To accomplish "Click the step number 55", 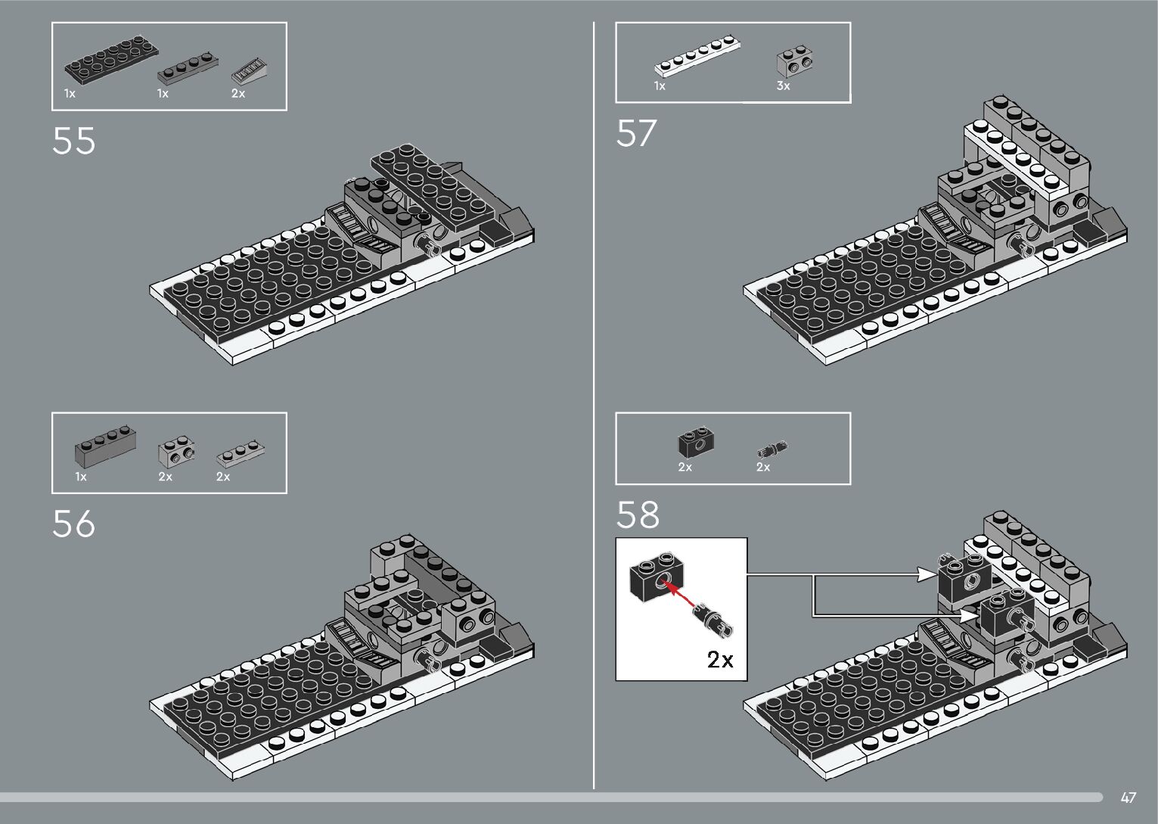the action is tap(74, 141).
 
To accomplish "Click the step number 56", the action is tap(74, 524).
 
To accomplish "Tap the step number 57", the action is tap(637, 133).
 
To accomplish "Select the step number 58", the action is tap(638, 515).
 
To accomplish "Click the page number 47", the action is tap(1129, 798).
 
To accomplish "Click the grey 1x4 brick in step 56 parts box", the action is tap(105, 449).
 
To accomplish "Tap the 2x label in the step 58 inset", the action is tap(720, 660).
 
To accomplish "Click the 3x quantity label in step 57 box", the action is tap(783, 86).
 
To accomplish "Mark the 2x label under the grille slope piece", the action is tap(238, 94).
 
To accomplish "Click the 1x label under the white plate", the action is tap(660, 86).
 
